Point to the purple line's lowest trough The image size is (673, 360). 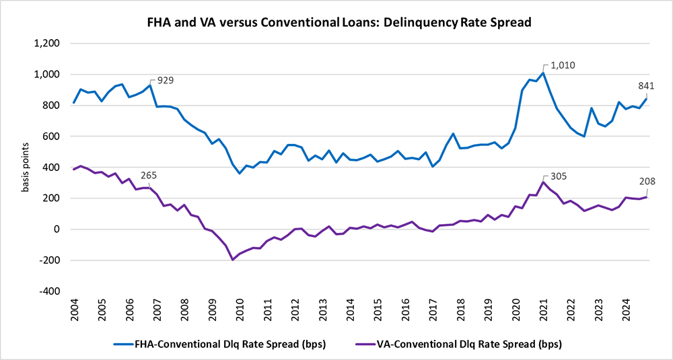point(232,260)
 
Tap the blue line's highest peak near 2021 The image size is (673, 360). point(543,73)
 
